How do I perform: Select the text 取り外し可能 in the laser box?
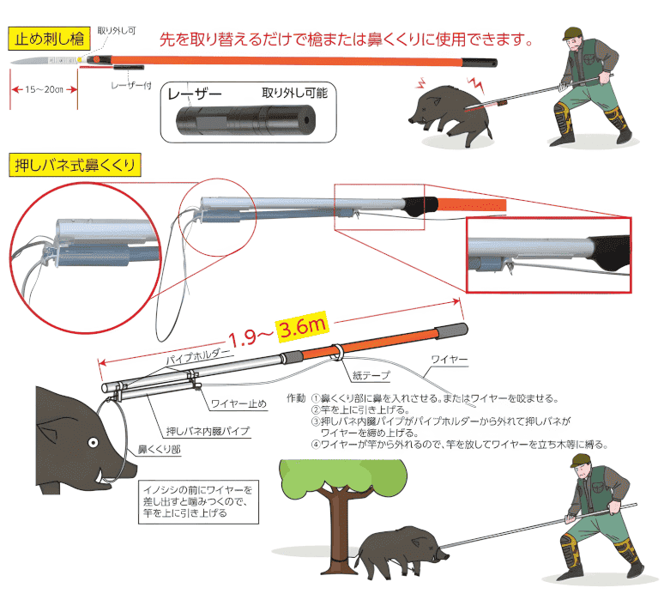[x=294, y=93]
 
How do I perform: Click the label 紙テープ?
[x=371, y=374]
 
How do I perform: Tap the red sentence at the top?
[x=347, y=39]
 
